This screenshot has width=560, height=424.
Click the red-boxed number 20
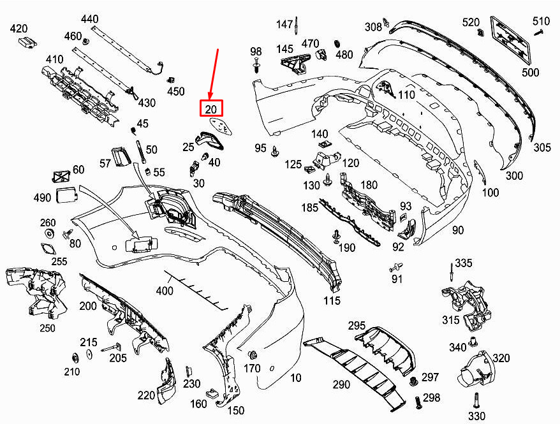(x=211, y=110)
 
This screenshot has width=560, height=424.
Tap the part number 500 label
(x=530, y=73)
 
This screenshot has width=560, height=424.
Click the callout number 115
(x=332, y=300)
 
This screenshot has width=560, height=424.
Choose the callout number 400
(x=165, y=291)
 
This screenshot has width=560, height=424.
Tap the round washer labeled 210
(x=74, y=356)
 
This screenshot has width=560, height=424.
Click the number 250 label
(x=47, y=328)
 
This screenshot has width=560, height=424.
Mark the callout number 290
(x=341, y=384)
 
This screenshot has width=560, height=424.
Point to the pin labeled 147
(x=297, y=26)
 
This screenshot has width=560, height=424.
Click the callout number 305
(x=542, y=147)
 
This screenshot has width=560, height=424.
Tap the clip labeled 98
(x=256, y=66)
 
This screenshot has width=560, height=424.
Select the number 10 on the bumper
(x=295, y=378)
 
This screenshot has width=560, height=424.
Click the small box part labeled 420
(x=26, y=42)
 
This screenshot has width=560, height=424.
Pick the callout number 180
(x=369, y=185)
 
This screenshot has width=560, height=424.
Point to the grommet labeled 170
(x=251, y=355)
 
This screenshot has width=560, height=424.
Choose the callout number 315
(x=451, y=319)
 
